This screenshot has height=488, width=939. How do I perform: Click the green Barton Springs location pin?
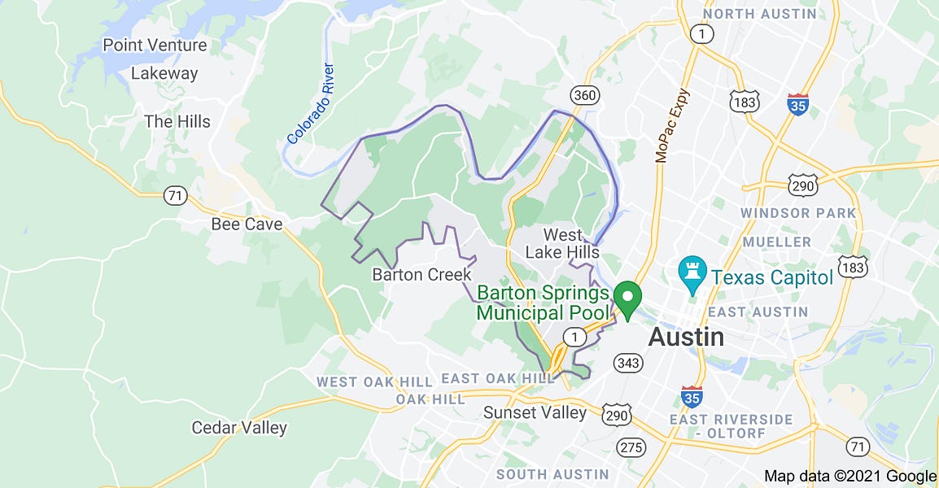(x=627, y=298)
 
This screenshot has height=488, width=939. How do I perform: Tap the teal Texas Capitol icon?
(x=692, y=277)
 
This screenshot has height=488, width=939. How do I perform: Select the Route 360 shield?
(x=584, y=95)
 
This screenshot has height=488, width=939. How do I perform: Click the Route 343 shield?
(x=628, y=362)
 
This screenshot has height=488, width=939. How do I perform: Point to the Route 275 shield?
(x=631, y=447)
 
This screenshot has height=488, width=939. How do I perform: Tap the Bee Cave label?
(x=247, y=224)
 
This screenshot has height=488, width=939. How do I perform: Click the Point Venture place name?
(x=155, y=46)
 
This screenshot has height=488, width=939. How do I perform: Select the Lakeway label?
(x=164, y=73)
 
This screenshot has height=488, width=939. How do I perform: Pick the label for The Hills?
(x=177, y=122)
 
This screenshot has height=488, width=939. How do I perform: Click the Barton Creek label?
(x=421, y=274)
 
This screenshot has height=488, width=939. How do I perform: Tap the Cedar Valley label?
(x=239, y=427)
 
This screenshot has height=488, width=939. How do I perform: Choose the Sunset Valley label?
(x=535, y=412)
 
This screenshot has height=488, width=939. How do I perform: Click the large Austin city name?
(x=686, y=337)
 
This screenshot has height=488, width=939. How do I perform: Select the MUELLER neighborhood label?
(x=776, y=242)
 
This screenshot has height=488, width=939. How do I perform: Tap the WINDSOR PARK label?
(x=798, y=213)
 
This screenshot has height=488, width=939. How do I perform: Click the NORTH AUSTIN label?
(x=760, y=14)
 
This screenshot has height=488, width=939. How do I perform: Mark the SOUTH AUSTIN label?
(x=552, y=474)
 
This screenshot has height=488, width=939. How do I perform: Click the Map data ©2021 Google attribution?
(x=850, y=477)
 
